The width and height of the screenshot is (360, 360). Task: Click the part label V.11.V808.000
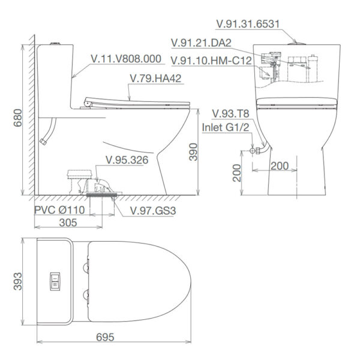127,59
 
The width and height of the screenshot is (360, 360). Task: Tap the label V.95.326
127,160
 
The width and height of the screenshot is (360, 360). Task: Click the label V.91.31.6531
251,24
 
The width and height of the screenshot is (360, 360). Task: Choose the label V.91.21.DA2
201,43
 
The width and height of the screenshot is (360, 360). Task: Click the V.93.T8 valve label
230,114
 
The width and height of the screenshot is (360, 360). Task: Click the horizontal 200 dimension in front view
279,165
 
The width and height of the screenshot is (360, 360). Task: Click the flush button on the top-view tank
55,280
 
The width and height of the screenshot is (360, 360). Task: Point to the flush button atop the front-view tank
293,43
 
